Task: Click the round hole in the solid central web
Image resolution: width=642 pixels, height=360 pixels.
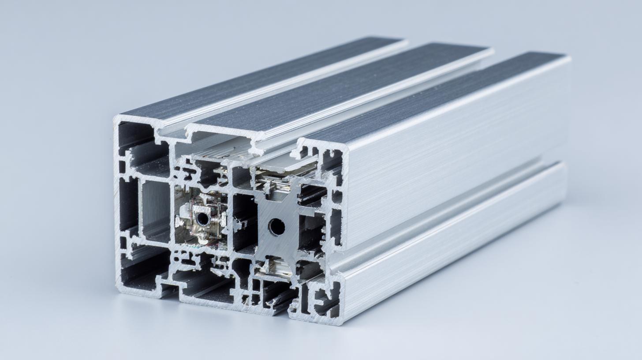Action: pos(276,227)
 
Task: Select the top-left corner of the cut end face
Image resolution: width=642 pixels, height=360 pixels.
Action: pos(116,118)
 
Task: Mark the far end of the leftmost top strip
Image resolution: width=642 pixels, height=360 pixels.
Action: pos(399,40)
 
